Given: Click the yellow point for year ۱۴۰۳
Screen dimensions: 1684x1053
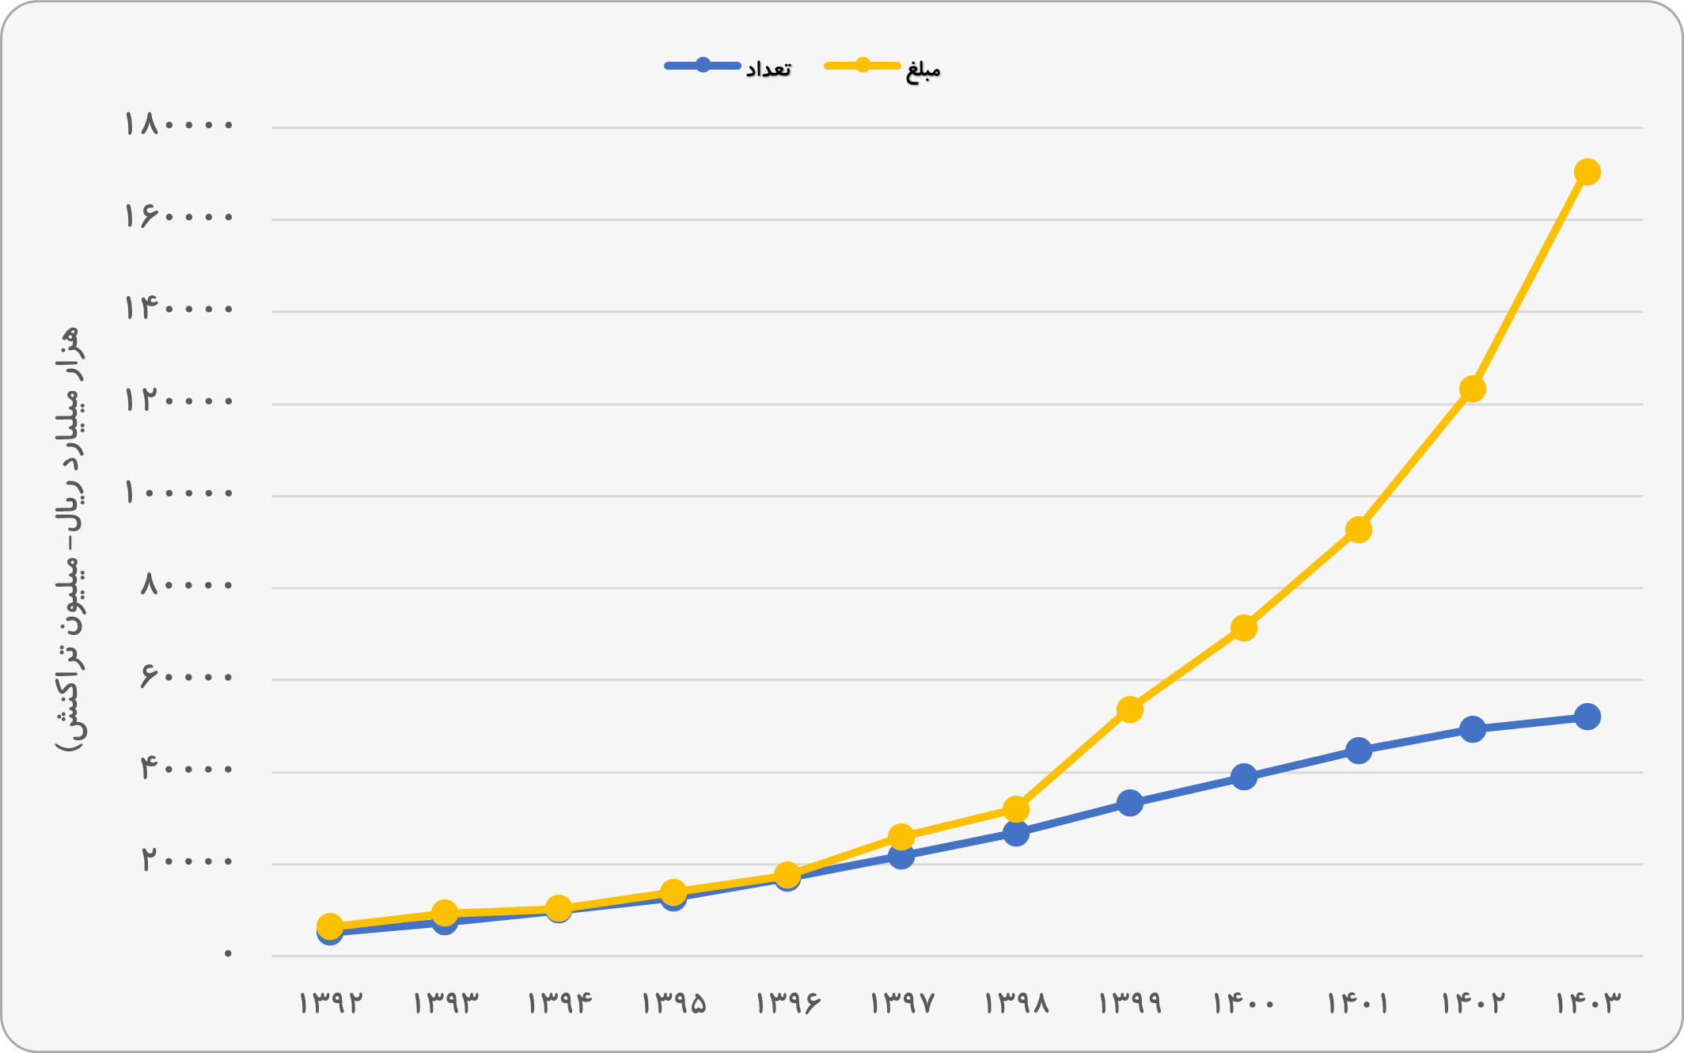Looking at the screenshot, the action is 1587,172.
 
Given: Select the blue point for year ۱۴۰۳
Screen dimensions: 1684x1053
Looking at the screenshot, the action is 1587,717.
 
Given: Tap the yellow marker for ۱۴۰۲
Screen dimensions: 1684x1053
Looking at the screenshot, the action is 1472,389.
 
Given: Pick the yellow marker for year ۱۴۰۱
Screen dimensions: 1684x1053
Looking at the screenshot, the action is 1358,530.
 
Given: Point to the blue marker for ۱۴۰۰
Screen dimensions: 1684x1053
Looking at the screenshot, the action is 1243,777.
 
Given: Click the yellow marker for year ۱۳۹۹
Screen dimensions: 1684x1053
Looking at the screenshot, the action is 1129,709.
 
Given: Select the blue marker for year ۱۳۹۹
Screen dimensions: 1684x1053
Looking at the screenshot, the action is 1129,803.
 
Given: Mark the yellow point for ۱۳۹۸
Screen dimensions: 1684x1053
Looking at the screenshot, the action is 1015,809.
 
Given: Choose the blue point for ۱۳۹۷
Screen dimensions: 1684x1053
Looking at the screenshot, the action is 901,856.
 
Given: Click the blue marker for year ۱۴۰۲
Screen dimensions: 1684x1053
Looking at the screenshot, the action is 1472,729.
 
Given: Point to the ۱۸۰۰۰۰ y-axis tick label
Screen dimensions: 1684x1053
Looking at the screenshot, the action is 179,125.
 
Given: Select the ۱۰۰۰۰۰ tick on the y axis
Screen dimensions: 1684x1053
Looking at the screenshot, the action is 179,493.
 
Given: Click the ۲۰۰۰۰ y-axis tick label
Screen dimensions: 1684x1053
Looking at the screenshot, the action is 188,860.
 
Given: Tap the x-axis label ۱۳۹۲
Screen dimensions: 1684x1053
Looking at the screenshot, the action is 330,1003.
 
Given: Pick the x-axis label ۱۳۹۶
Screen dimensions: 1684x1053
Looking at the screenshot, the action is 787,1003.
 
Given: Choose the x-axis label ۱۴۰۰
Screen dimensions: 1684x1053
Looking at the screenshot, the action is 1243,1003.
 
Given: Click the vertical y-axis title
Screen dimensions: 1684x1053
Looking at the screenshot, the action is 67,540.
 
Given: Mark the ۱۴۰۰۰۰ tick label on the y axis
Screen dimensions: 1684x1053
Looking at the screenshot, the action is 179,309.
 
